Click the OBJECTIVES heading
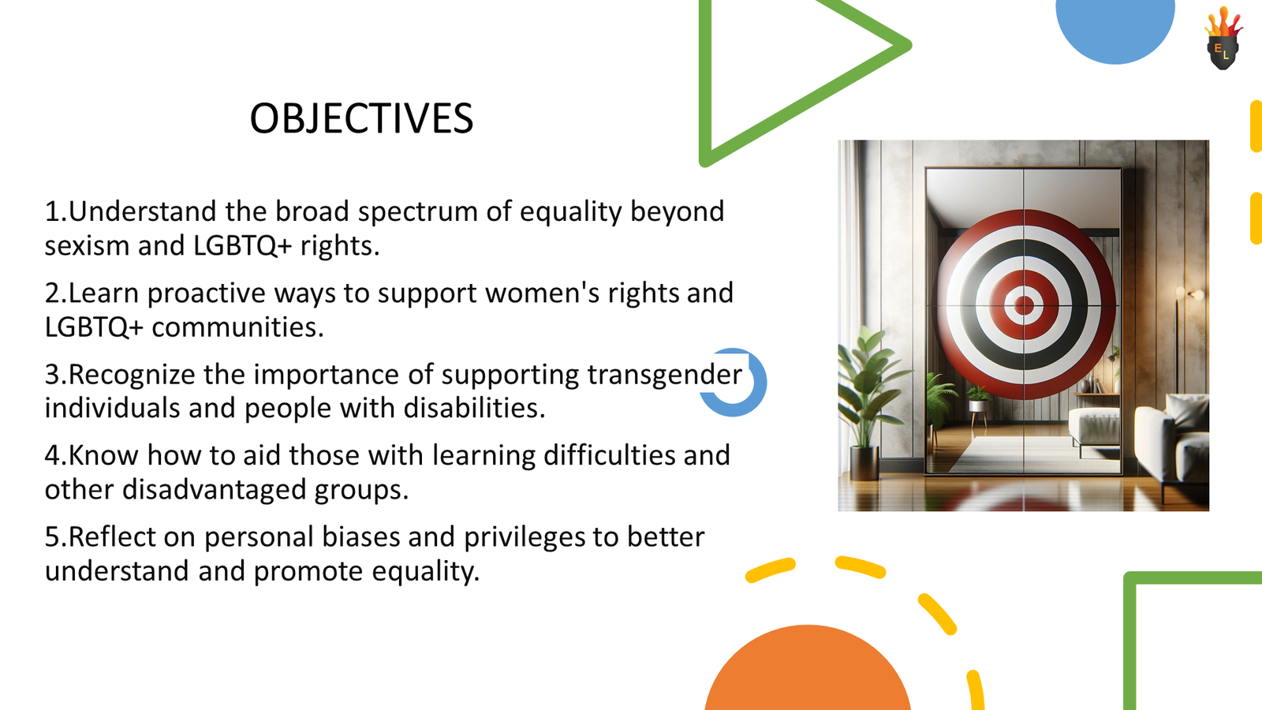(361, 119)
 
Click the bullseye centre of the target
(1024, 305)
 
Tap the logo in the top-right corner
(1223, 39)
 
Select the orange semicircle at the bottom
(808, 671)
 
